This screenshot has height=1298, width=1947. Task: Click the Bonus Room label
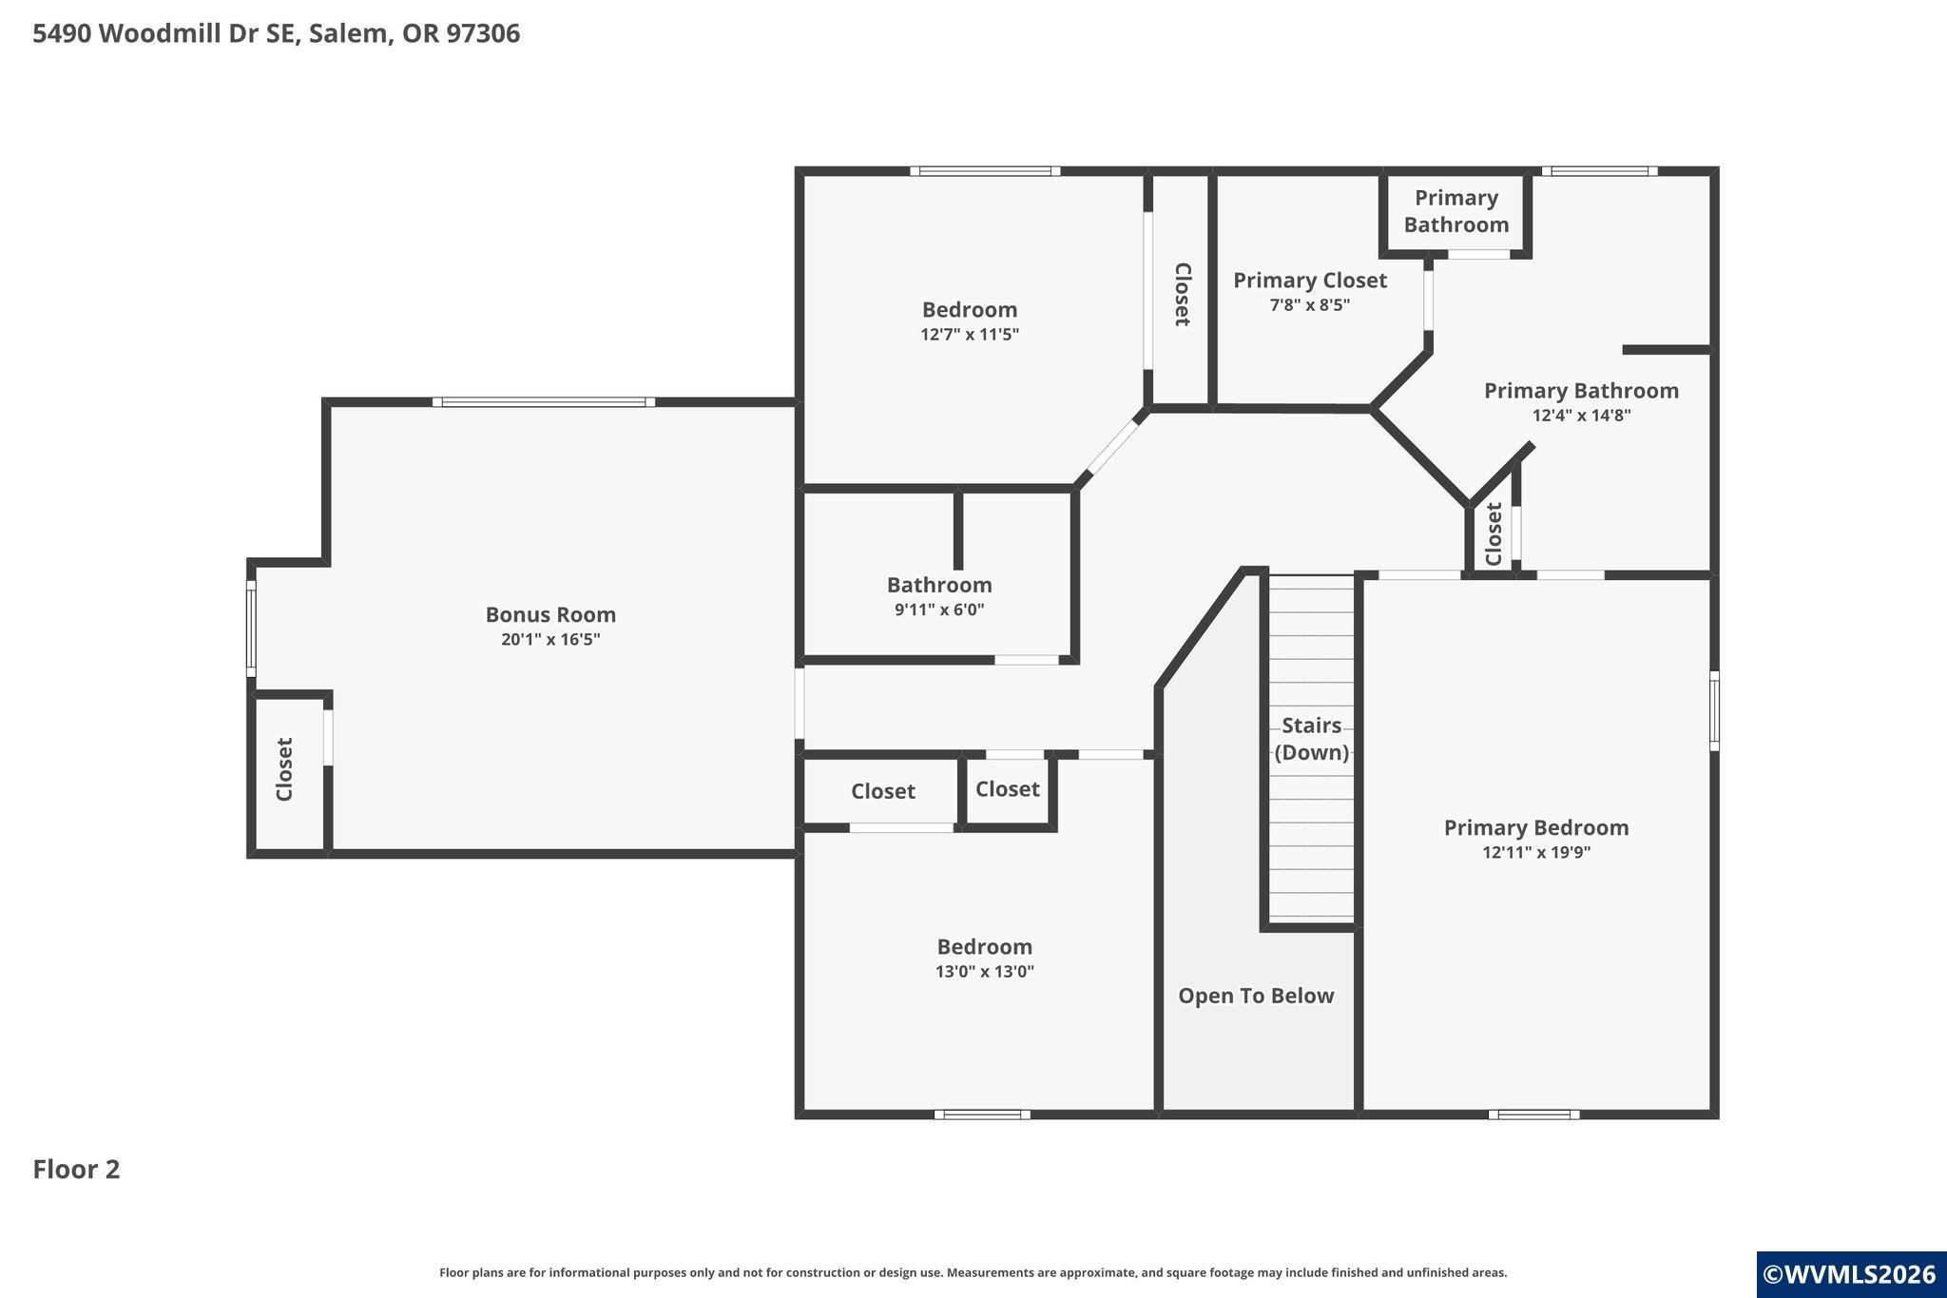[x=550, y=614]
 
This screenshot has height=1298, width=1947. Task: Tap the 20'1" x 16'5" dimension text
[x=550, y=640]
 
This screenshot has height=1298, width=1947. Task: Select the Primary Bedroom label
[x=1536, y=828]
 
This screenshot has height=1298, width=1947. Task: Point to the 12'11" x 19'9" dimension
[x=1536, y=853]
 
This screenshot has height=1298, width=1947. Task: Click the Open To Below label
[x=1256, y=996]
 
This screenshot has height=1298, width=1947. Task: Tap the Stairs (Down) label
[x=1312, y=739]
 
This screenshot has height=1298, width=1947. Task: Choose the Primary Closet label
[x=1310, y=281]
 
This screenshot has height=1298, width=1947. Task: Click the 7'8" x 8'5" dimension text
[x=1310, y=305]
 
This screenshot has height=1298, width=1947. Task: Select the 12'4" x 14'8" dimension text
[x=1581, y=416]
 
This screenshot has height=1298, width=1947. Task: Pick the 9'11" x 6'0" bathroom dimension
[x=939, y=610]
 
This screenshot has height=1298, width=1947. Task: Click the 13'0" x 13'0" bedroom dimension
[x=985, y=972]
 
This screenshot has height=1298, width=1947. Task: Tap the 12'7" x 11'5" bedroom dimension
[x=970, y=335]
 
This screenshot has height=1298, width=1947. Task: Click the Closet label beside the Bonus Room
[x=284, y=769]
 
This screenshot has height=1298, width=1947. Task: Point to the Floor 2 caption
[x=77, y=1170]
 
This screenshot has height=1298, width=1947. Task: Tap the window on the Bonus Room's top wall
[x=544, y=402]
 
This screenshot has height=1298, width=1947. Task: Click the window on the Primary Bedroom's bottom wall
[x=1534, y=1114]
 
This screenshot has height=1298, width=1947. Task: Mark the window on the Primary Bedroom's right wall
[x=1714, y=710]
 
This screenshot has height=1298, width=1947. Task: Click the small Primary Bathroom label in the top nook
[x=1456, y=211]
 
